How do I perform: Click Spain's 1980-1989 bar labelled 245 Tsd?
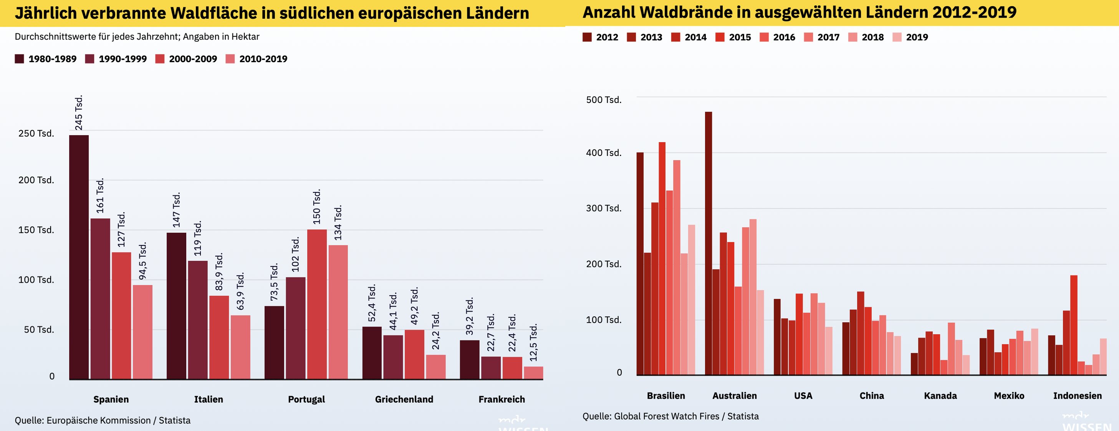coord(79,256)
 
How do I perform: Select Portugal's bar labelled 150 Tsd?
coord(317,304)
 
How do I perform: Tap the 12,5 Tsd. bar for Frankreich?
coord(533,373)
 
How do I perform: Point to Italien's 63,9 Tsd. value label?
coord(240,291)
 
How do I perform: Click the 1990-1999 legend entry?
coord(116,59)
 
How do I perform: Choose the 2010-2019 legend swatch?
coord(230,59)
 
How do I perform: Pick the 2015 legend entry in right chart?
coord(733,37)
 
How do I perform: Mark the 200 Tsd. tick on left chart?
coord(36,180)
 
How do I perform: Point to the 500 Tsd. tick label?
coord(603,100)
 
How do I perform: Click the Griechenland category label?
coord(404,399)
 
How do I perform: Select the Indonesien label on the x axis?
coord(1077,396)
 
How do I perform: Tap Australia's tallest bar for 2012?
coord(708,243)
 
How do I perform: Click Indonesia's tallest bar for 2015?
coord(1074,325)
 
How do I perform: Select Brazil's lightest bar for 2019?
coord(692,300)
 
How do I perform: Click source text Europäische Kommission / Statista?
coord(118,421)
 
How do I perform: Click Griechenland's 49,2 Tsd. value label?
coord(414,305)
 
